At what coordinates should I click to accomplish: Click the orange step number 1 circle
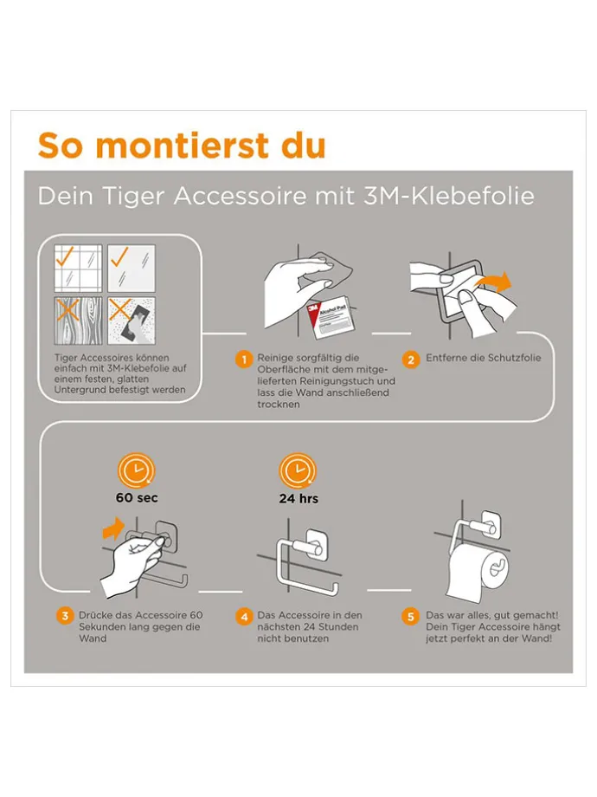(244, 360)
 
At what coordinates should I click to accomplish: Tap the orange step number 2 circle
(411, 360)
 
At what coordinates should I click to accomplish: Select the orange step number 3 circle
(65, 617)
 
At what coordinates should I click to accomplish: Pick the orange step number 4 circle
(244, 617)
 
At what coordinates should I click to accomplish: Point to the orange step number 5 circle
(411, 617)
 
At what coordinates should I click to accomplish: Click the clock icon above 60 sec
(136, 471)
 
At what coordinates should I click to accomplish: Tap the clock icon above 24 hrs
(298, 471)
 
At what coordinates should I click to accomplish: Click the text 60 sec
(137, 497)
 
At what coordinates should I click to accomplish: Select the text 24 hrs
(298, 499)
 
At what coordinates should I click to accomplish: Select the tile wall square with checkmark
(78, 268)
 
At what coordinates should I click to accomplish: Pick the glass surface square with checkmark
(132, 268)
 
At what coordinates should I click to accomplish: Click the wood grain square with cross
(78, 321)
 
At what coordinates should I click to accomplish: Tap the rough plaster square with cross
(132, 321)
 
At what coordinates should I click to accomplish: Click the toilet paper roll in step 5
(478, 570)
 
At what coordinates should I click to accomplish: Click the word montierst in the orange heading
(183, 146)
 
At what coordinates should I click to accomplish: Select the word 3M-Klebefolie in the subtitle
(448, 196)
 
